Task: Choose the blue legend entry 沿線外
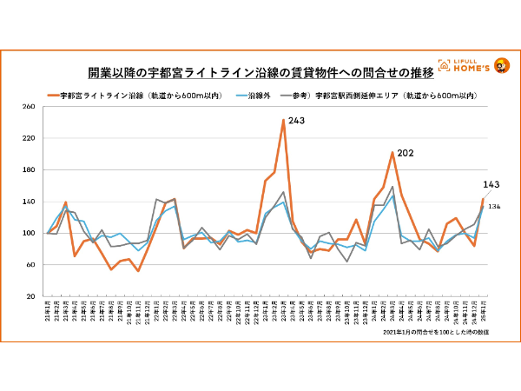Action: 260,96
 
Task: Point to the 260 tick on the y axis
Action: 28,107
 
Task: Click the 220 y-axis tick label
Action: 28,138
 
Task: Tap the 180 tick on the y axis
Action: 28,170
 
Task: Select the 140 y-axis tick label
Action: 28,202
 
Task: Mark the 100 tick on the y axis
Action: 28,233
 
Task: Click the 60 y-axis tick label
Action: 28,264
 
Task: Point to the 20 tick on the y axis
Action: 28,296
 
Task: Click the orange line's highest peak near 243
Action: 284,120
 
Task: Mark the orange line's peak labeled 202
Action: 392,153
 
